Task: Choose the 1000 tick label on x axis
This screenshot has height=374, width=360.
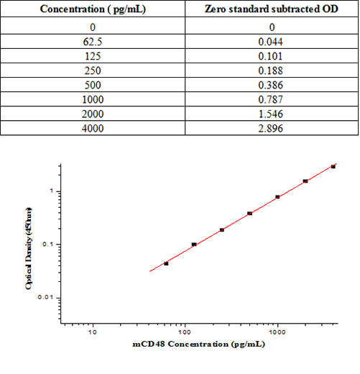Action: coord(277,332)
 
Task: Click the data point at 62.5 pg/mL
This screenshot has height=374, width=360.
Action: coord(166,263)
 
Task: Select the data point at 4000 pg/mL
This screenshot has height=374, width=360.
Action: coord(333,167)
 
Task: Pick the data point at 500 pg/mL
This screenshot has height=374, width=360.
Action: coord(249,214)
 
